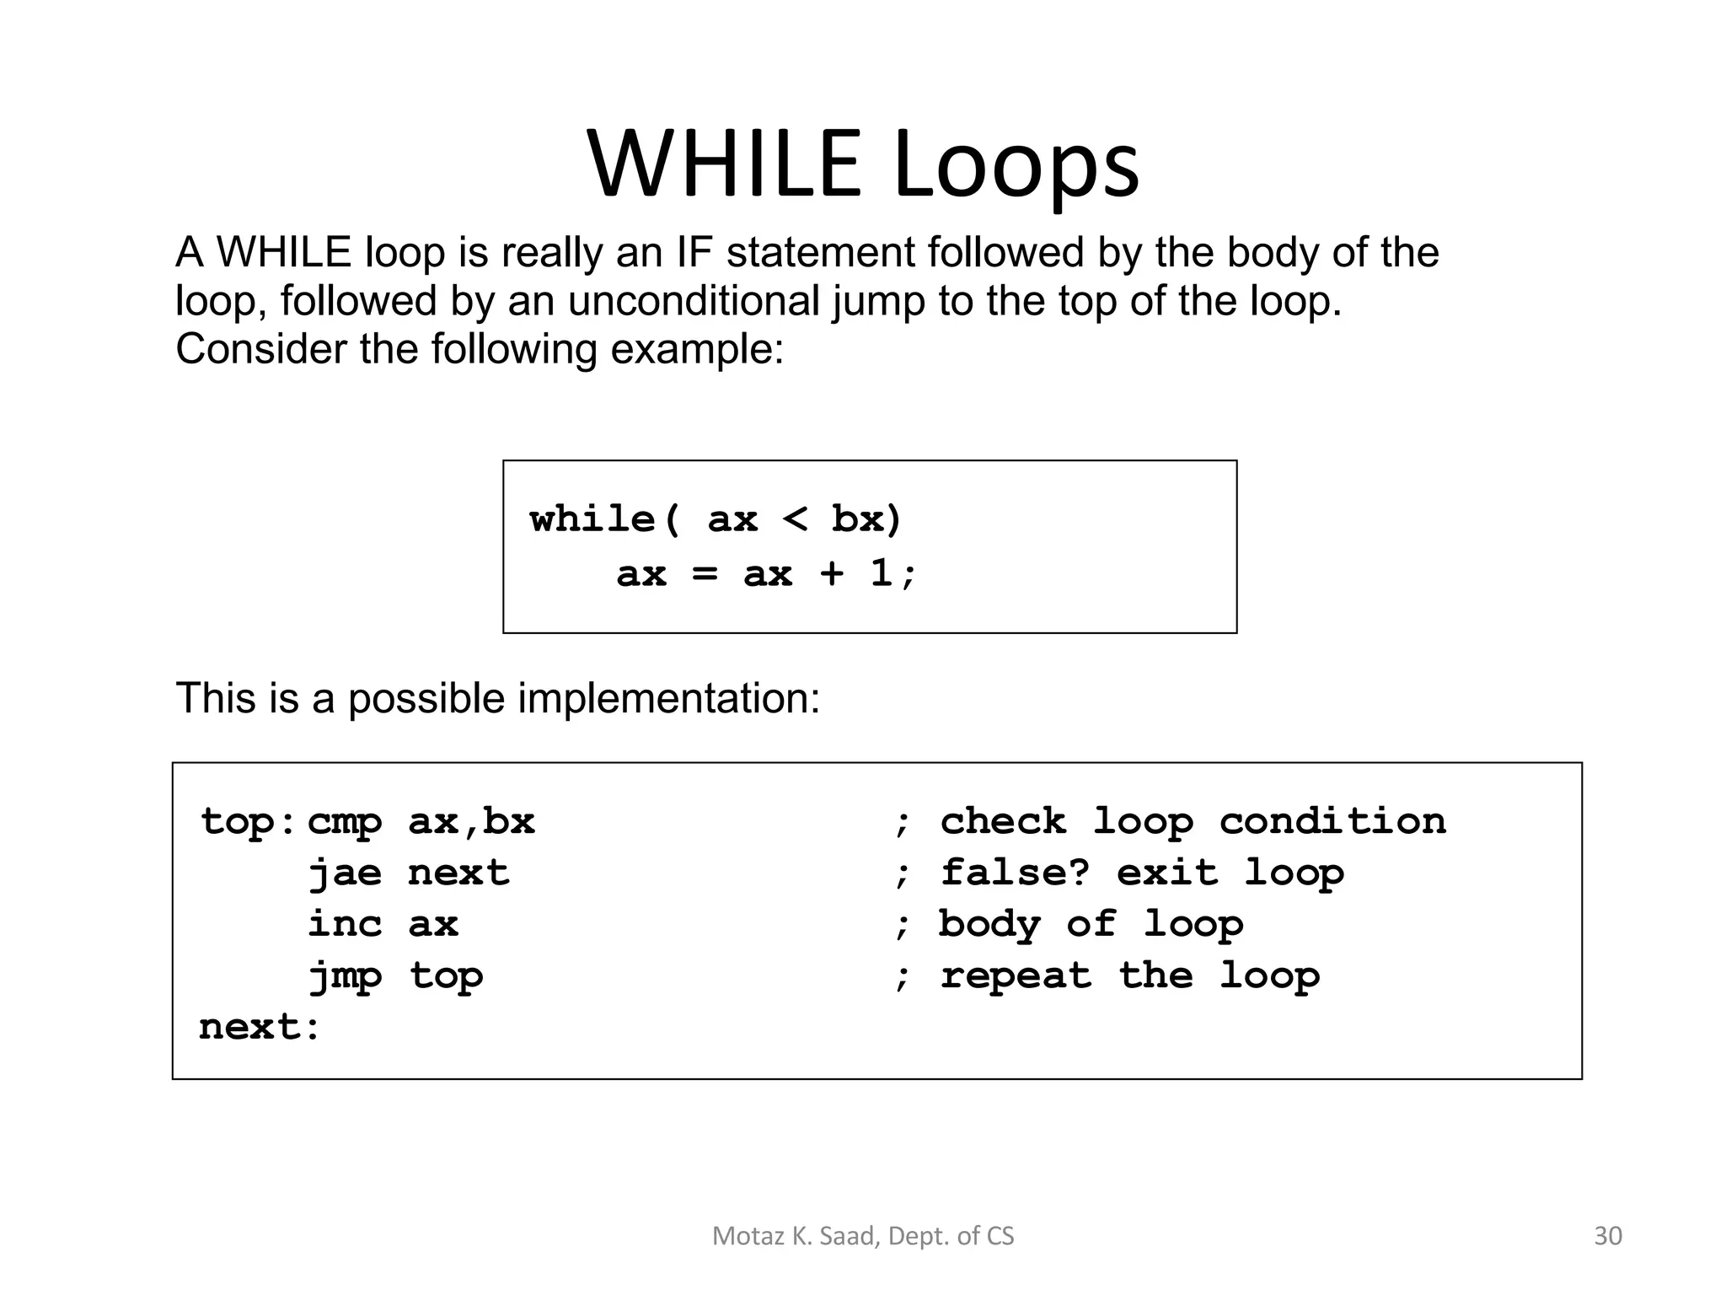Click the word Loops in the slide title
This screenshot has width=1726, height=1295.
click(x=1016, y=165)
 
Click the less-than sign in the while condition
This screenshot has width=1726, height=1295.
click(x=795, y=519)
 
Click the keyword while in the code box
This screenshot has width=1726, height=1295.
click(x=592, y=519)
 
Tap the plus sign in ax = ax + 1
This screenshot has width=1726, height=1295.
click(x=831, y=573)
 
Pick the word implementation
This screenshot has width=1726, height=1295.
click(x=668, y=698)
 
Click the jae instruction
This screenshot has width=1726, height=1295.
click(x=344, y=873)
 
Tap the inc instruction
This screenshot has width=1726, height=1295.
click(x=344, y=924)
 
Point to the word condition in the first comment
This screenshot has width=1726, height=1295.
click(x=1332, y=821)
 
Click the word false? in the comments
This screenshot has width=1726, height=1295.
click(x=1015, y=873)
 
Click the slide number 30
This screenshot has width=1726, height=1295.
click(x=1607, y=1236)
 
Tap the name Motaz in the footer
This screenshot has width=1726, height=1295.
click(x=737, y=1236)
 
